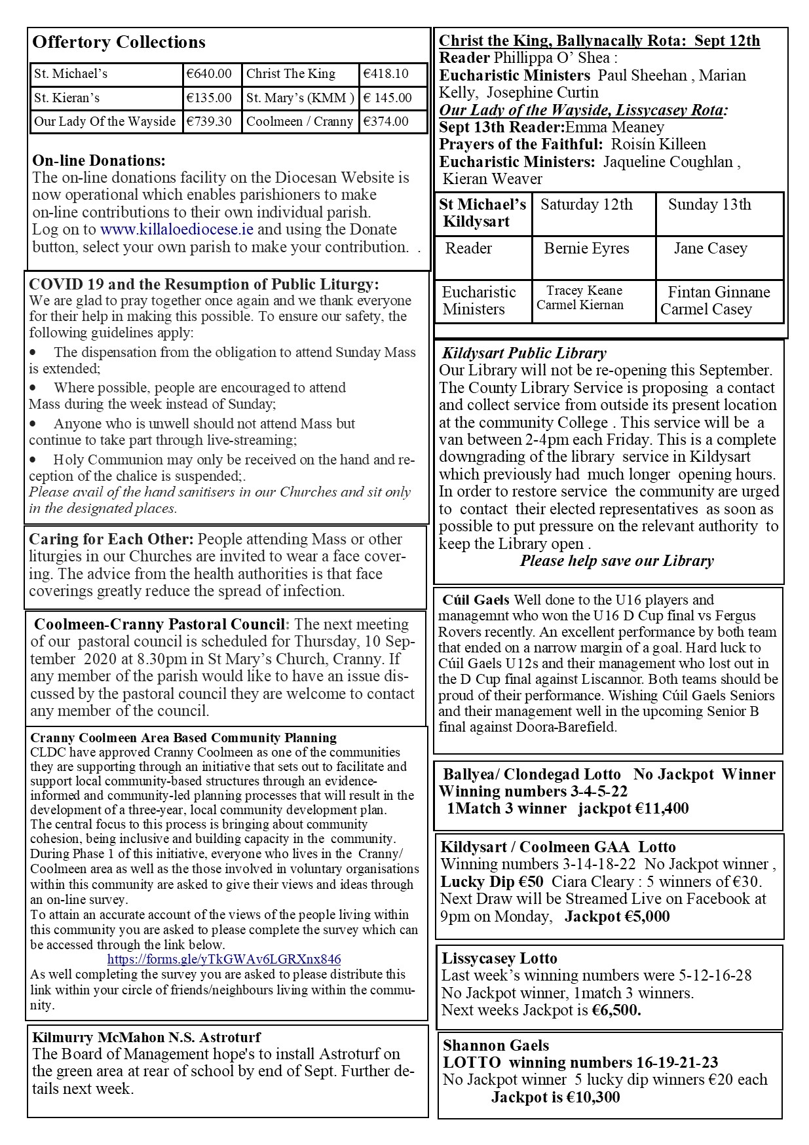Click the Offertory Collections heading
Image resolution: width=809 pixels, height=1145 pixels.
click(119, 42)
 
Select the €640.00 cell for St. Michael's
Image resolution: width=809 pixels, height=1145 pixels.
click(209, 74)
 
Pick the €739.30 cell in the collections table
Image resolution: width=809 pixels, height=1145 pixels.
click(209, 121)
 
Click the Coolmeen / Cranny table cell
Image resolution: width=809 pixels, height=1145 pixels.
click(299, 121)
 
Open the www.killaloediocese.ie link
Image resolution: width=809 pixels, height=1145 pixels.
click(177, 229)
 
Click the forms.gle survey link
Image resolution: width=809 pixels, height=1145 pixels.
click(224, 959)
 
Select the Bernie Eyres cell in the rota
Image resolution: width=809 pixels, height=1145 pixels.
click(586, 248)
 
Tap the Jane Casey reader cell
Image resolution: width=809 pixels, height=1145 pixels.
click(710, 248)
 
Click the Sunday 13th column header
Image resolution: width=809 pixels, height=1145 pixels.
click(709, 204)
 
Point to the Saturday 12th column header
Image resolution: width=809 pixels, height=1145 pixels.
click(586, 204)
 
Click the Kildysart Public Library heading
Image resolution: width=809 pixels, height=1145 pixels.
click(524, 353)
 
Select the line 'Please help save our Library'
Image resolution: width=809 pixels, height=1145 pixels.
click(616, 561)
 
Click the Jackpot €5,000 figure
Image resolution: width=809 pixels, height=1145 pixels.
click(617, 916)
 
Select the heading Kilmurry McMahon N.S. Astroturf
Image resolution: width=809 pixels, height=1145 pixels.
click(147, 1037)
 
